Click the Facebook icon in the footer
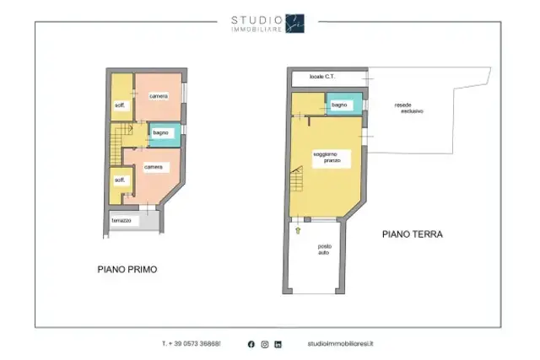[x=251, y=344]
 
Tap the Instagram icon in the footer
[x=265, y=344]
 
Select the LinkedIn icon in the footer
[x=278, y=344]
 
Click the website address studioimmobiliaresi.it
[x=340, y=343]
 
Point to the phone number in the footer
[x=192, y=343]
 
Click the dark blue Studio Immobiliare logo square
[x=294, y=24]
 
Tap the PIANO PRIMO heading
[x=127, y=269]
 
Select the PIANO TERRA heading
[x=413, y=234]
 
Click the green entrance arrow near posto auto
[x=298, y=230]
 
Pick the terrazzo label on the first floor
[x=121, y=220]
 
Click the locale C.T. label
[x=322, y=77]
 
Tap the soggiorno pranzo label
[x=327, y=158]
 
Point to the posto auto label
[x=324, y=250]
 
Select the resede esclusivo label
[x=408, y=108]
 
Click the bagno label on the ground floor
[x=339, y=105]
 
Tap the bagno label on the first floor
[x=161, y=132]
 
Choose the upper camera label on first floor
[x=159, y=96]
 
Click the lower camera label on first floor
[x=154, y=167]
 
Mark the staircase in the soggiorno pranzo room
[x=296, y=179]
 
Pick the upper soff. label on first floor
[x=120, y=105]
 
